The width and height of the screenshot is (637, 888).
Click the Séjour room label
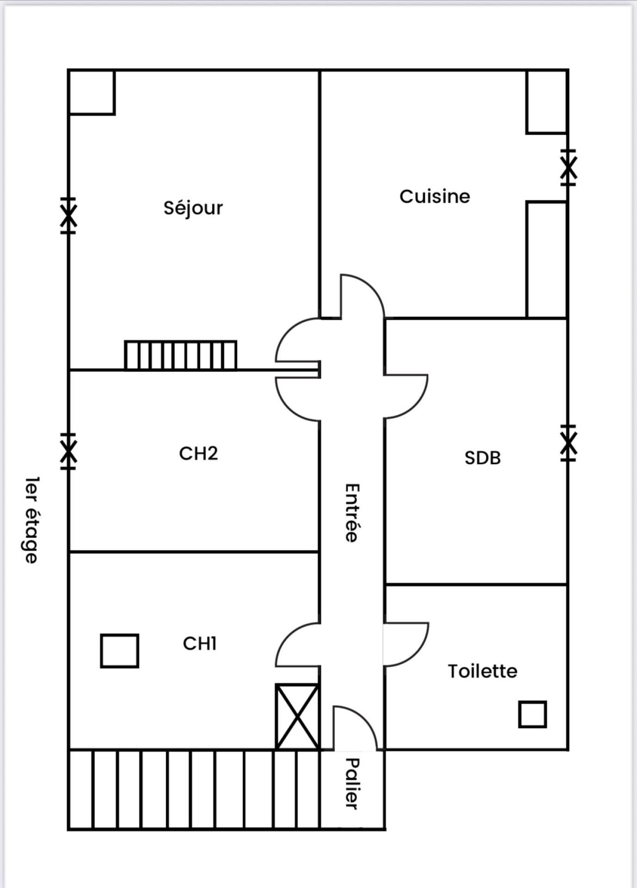pyautogui.click(x=193, y=208)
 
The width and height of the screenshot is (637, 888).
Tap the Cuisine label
pyautogui.click(x=434, y=197)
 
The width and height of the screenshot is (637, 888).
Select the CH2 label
pyautogui.click(x=198, y=453)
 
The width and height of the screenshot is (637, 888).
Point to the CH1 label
pyautogui.click(x=199, y=643)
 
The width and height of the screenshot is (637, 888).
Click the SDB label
pyautogui.click(x=482, y=458)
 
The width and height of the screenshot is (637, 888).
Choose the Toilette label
pyautogui.click(x=482, y=671)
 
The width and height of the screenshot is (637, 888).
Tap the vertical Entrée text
pyautogui.click(x=352, y=512)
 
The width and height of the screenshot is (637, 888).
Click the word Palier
pyautogui.click(x=352, y=783)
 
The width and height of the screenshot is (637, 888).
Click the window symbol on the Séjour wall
pyautogui.click(x=68, y=216)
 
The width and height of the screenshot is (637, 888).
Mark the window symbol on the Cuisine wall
pyautogui.click(x=568, y=167)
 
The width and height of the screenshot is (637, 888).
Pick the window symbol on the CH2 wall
pyautogui.click(x=68, y=451)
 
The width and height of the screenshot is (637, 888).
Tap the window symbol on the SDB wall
pyautogui.click(x=568, y=443)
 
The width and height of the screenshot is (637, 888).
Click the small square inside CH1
pyautogui.click(x=119, y=651)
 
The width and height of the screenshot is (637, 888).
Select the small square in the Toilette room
pyautogui.click(x=532, y=714)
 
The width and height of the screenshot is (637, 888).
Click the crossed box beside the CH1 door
pyautogui.click(x=297, y=716)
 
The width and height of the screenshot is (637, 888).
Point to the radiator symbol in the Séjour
pyautogui.click(x=180, y=355)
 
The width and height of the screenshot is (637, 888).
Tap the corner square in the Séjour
pyautogui.click(x=92, y=92)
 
